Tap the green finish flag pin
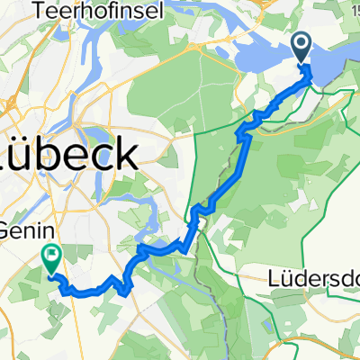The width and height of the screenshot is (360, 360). (50, 258)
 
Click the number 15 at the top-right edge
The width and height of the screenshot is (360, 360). (354, 8)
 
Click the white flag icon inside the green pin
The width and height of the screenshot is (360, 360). (50, 256)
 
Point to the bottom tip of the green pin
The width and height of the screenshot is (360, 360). (50, 271)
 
